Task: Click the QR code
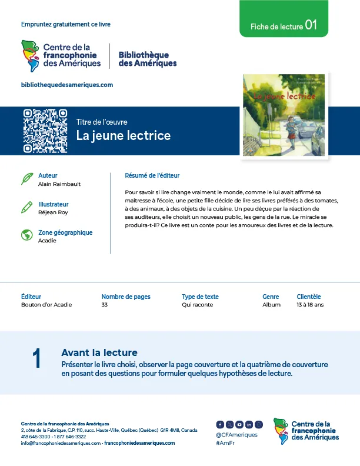[45, 131]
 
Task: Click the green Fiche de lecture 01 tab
[284, 26]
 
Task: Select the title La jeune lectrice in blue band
[124, 136]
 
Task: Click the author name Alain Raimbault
[59, 184]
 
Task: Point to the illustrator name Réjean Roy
[53, 212]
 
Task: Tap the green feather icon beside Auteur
[26, 178]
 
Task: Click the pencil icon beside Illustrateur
[26, 207]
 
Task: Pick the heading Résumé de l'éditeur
[152, 175]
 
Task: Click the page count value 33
[105, 305]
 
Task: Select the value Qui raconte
[198, 305]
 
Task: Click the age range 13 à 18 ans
[310, 305]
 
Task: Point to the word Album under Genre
[271, 305]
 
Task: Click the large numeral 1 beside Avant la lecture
[36, 359]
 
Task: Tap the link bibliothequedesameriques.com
[67, 85]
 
